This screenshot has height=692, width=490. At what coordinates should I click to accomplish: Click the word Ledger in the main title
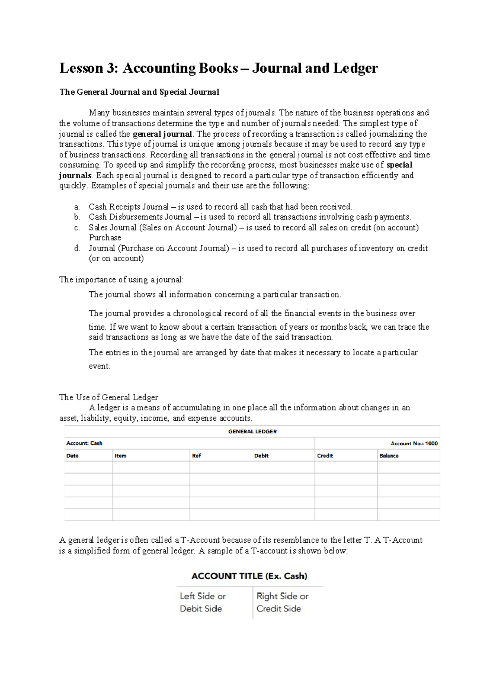[355, 68]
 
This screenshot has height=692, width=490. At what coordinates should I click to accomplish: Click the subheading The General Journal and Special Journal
[139, 92]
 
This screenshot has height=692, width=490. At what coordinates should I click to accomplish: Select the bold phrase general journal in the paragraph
[163, 134]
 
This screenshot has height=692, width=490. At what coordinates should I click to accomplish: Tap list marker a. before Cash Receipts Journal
[77, 207]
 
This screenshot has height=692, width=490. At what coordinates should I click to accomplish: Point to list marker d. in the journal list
[77, 248]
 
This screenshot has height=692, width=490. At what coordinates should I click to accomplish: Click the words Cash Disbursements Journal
[140, 217]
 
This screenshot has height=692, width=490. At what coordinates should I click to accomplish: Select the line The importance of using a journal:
[122, 279]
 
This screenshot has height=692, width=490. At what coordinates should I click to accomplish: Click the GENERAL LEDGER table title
[252, 431]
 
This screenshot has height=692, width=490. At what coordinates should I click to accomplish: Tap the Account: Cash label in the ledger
[84, 443]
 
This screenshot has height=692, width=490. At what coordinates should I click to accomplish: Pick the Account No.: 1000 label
[414, 443]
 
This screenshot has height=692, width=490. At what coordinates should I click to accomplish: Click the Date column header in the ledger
[72, 456]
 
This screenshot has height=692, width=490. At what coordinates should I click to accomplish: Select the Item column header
[120, 456]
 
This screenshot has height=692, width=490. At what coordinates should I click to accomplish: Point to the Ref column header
[196, 456]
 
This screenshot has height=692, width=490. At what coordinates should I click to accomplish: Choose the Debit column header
[261, 456]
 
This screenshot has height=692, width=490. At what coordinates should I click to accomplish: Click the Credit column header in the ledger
[325, 456]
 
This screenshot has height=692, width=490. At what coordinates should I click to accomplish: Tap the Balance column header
[389, 456]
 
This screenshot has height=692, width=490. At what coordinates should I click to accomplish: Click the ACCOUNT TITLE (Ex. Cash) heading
[249, 576]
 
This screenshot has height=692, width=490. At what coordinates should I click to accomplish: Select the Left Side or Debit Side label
[203, 602]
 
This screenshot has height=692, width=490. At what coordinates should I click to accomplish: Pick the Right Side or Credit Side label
[282, 602]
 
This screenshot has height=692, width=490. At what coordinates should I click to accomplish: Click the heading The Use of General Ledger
[109, 397]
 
